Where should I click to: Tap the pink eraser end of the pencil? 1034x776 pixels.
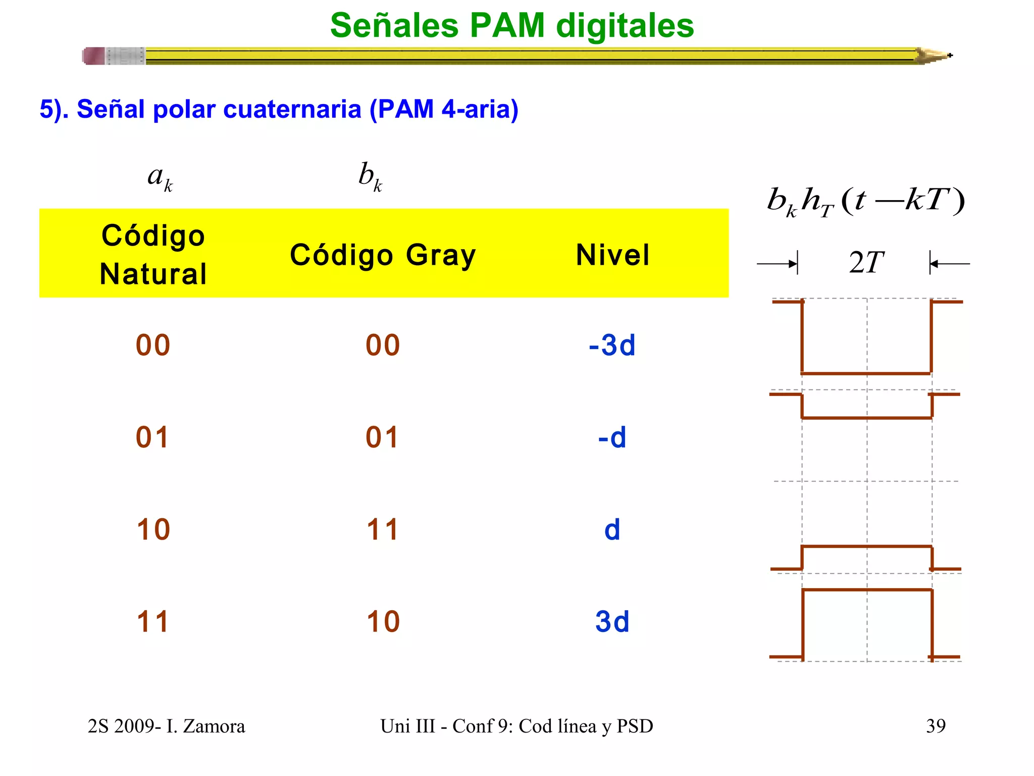point(94,56)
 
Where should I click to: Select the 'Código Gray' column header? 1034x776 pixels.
point(383,255)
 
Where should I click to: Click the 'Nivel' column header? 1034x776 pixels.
point(612,255)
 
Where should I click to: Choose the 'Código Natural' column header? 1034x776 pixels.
point(153,255)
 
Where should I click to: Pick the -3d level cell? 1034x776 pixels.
point(612,345)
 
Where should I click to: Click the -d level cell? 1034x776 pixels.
point(612,437)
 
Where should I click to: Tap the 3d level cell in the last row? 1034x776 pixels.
point(612,621)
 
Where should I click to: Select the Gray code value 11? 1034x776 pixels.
point(383,529)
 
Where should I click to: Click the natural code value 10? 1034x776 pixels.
point(153,529)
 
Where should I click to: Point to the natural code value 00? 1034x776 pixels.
point(153,345)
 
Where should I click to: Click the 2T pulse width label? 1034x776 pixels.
point(866,263)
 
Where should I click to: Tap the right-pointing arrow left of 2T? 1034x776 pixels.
point(778,264)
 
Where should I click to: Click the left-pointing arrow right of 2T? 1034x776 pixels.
point(949,264)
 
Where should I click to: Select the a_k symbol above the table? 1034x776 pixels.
point(160,178)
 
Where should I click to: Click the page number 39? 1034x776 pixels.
point(936,726)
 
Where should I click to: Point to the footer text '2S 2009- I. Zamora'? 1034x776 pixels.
point(166,726)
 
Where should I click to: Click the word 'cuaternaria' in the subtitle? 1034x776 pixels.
point(292,109)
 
